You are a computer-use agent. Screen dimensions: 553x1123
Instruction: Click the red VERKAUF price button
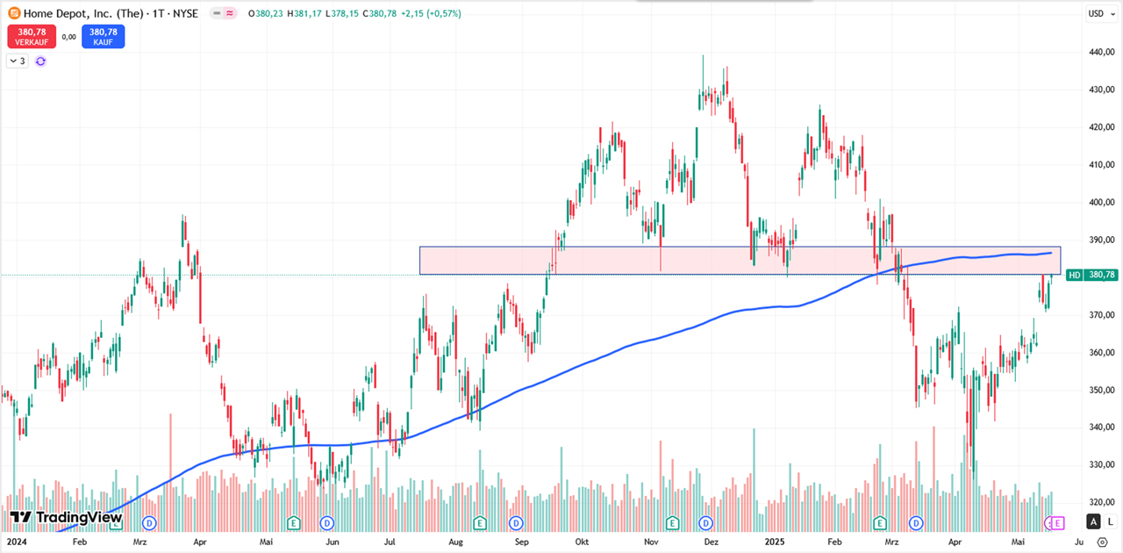coord(32,36)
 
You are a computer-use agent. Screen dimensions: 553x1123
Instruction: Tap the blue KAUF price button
coord(104,36)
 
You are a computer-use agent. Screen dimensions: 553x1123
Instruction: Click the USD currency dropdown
coord(1097,13)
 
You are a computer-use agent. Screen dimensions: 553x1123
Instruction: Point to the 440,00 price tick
coord(1101,52)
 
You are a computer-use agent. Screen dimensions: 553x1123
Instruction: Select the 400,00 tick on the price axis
coord(1101,202)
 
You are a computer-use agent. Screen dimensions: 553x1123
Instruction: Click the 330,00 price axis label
coord(1101,464)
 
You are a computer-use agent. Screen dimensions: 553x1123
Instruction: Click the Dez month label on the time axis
coord(712,542)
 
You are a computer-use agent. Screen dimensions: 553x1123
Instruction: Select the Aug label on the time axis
coord(454,542)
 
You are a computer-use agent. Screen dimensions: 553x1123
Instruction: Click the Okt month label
coord(582,542)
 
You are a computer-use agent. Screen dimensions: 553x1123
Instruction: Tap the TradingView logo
coord(66,518)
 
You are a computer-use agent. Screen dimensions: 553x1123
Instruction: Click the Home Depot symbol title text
coord(83,13)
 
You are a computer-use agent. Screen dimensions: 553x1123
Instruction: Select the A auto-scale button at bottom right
coord(1092,521)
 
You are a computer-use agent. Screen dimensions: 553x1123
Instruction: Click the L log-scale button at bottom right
coord(1110,521)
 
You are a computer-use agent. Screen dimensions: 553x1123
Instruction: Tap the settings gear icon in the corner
coord(1103,542)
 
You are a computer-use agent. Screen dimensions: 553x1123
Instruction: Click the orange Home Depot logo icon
coord(13,13)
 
